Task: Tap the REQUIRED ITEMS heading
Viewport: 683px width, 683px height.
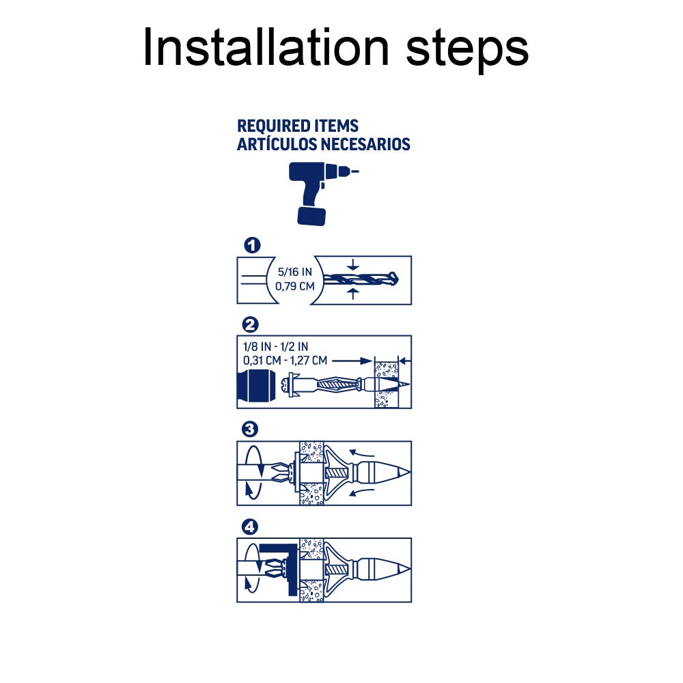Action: tap(298, 126)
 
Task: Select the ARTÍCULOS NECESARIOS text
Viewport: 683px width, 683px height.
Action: tap(324, 144)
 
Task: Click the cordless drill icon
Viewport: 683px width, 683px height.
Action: tap(323, 194)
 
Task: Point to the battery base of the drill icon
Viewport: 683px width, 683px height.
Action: tap(311, 216)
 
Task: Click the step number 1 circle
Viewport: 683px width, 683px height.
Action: tap(252, 245)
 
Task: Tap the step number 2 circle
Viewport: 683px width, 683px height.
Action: tap(250, 324)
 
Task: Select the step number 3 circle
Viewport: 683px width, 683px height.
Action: tap(250, 430)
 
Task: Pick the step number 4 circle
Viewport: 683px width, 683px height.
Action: tap(250, 527)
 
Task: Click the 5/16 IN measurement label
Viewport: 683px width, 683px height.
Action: tap(295, 272)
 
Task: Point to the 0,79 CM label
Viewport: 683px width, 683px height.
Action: tap(295, 286)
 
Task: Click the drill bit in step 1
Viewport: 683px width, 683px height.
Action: tap(361, 279)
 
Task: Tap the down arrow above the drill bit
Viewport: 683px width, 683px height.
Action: tap(353, 265)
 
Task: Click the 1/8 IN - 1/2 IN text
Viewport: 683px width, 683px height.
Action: tap(275, 347)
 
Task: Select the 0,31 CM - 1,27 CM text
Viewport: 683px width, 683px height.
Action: tap(285, 361)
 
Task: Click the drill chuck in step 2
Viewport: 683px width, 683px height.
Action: tap(257, 385)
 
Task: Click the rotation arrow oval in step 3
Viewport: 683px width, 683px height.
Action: tap(253, 473)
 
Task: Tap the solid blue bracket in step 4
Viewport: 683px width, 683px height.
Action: tap(279, 569)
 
